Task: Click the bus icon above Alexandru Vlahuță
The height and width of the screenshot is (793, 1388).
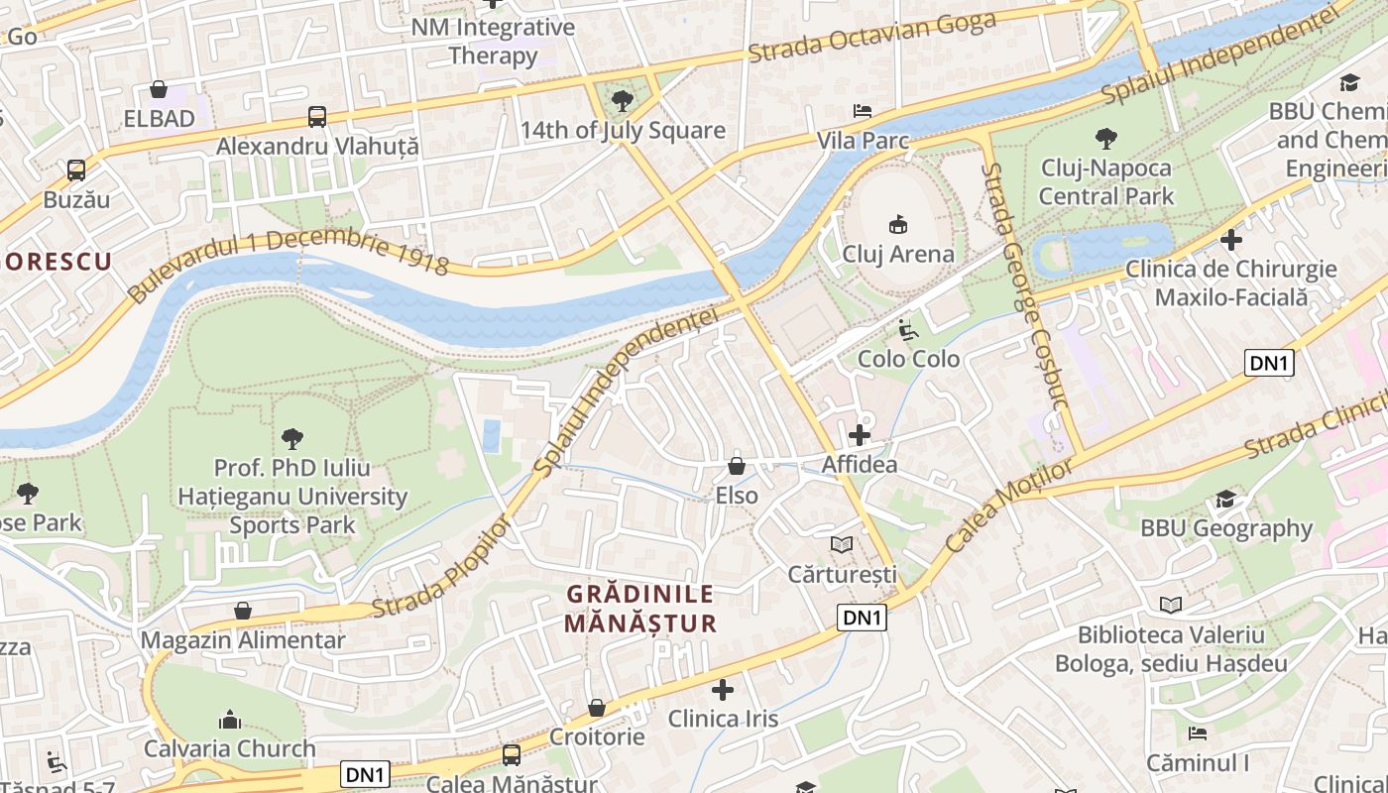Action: [x=316, y=117]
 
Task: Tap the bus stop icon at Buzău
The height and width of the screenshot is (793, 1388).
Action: [x=76, y=170]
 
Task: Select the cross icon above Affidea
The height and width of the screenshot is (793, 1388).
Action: [x=859, y=435]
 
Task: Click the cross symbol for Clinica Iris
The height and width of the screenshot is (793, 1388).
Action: [x=723, y=690]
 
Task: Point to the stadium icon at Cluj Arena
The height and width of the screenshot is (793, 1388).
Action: [x=897, y=225]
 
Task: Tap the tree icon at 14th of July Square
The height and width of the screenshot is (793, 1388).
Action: [x=623, y=100]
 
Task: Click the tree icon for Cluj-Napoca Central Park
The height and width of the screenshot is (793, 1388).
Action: [x=1105, y=139]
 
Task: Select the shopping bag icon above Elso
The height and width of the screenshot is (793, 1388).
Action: [x=737, y=465]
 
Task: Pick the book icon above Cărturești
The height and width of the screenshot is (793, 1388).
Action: [x=842, y=545]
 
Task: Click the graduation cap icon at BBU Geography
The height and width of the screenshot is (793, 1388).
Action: [x=1226, y=500]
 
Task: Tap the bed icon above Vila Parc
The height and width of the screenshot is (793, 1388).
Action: [x=863, y=111]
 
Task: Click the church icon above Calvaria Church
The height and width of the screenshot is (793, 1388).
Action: [x=230, y=719]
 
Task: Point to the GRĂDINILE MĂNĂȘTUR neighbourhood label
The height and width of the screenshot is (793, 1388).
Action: [x=639, y=608]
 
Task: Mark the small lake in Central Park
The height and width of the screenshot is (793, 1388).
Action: [x=1100, y=248]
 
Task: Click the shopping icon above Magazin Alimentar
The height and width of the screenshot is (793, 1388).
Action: [x=243, y=611]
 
